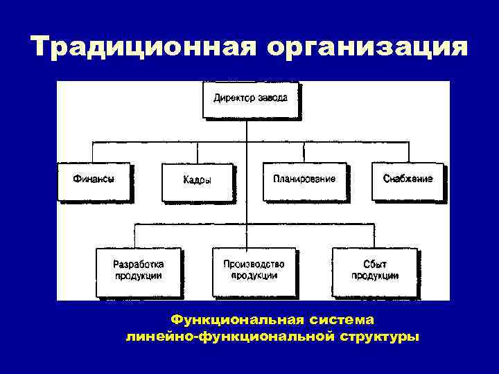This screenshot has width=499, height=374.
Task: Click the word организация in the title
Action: point(366,47)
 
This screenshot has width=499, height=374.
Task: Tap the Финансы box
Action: point(94,181)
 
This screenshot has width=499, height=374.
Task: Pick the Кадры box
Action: point(197,181)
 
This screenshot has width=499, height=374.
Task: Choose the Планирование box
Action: point(304,181)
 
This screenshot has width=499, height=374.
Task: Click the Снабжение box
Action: point(408,181)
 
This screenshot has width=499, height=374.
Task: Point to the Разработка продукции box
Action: point(138,271)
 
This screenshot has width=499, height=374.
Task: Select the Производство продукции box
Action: point(254,271)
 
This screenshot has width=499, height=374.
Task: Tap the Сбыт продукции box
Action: point(374,271)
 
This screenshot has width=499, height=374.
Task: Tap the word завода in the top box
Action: point(272,98)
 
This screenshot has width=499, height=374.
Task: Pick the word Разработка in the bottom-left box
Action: point(138,264)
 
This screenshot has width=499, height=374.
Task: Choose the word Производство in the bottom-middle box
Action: point(254,264)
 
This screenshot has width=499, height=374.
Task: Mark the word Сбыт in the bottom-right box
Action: point(375,264)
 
